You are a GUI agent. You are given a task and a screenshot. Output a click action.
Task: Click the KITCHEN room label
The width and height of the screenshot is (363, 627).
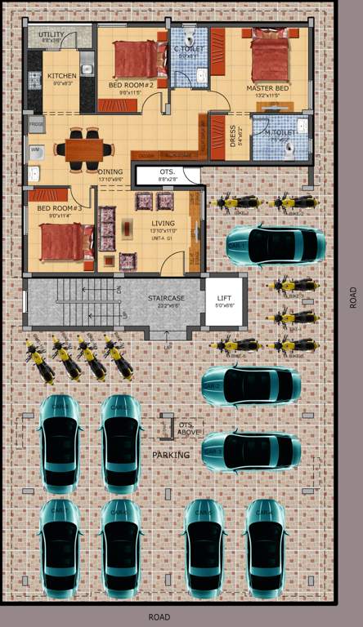tap(62, 76)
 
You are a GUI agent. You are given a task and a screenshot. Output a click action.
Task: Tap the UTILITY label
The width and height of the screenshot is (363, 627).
tap(52, 35)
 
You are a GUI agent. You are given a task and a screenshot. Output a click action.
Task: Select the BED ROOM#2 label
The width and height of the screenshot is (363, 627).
tap(132, 85)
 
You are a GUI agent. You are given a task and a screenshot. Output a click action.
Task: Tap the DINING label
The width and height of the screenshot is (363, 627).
tap(110, 171)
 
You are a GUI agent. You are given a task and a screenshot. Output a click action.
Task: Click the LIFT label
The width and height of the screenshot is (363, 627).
tap(223, 298)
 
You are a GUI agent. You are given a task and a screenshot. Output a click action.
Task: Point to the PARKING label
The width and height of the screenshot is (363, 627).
tap(170, 455)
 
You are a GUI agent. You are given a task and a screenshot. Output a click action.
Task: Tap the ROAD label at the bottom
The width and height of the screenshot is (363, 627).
tap(159, 617)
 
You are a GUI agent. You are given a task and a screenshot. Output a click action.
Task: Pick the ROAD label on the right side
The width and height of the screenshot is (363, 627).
tap(352, 296)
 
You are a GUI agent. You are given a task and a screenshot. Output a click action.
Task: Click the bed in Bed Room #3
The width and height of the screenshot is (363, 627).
tap(63, 241)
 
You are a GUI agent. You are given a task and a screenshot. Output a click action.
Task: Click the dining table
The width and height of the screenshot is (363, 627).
tap(84, 150)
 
